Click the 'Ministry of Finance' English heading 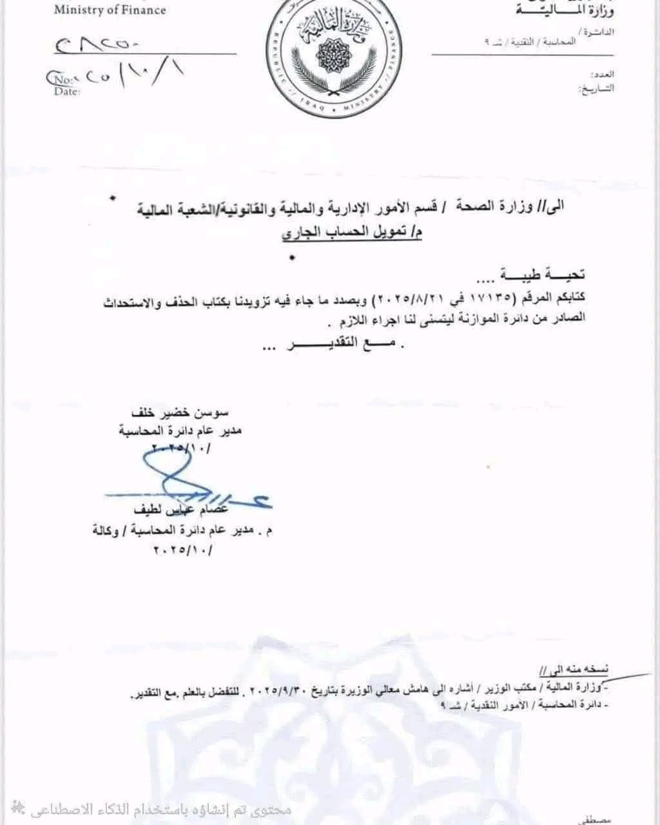click(x=110, y=10)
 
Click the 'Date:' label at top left click(x=67, y=92)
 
